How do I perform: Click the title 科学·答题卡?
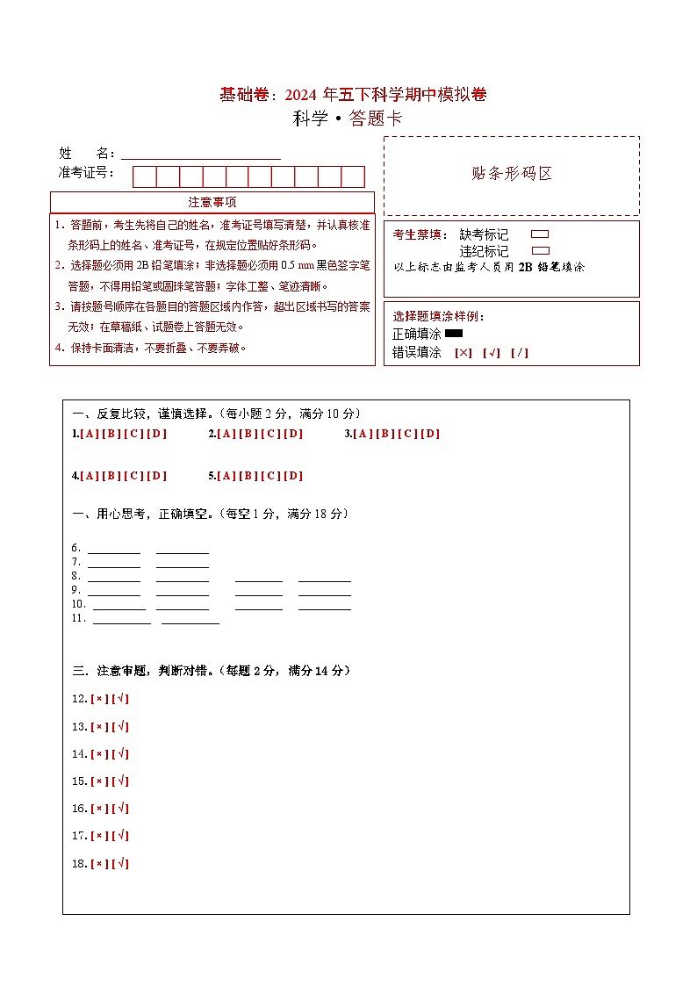348,119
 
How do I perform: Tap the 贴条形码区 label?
512,174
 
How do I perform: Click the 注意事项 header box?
212,202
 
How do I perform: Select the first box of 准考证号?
144,176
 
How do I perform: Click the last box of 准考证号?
353,176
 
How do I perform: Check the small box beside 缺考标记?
540,234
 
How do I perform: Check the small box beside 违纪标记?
540,251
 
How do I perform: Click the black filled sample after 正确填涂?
454,334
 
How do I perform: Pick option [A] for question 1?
89,434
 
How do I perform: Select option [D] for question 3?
430,434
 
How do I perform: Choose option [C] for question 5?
271,476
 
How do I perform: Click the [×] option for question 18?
99,863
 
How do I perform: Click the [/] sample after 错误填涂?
519,353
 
